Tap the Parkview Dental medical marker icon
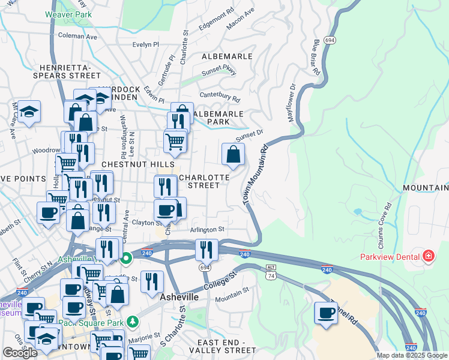pyautogui.click(x=429, y=257)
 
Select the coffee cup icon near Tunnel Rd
pyautogui.click(x=327, y=314)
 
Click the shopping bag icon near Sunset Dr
pyautogui.click(x=233, y=155)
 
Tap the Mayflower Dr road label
pyautogui.click(x=294, y=103)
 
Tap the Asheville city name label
pyautogui.click(x=179, y=297)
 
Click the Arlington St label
pyautogui.click(x=207, y=229)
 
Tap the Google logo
pyautogui.click(x=20, y=353)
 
